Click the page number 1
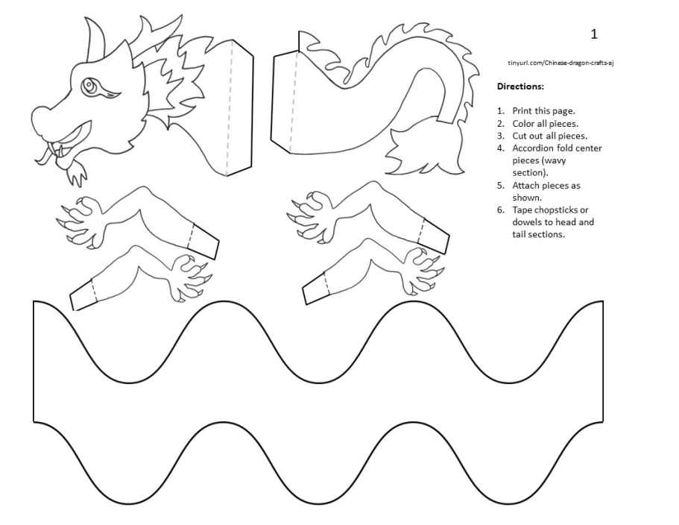click(x=594, y=34)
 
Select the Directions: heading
click(x=520, y=87)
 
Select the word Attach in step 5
click(x=525, y=185)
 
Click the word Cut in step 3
click(x=519, y=136)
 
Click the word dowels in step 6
click(x=526, y=222)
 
